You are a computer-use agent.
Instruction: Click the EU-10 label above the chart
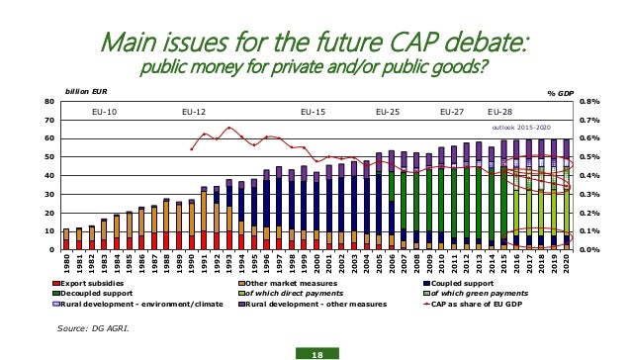(104, 113)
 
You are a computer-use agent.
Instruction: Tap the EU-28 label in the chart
(499, 113)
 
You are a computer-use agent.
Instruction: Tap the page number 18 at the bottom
(315, 349)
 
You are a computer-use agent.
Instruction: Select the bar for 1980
(66, 238)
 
